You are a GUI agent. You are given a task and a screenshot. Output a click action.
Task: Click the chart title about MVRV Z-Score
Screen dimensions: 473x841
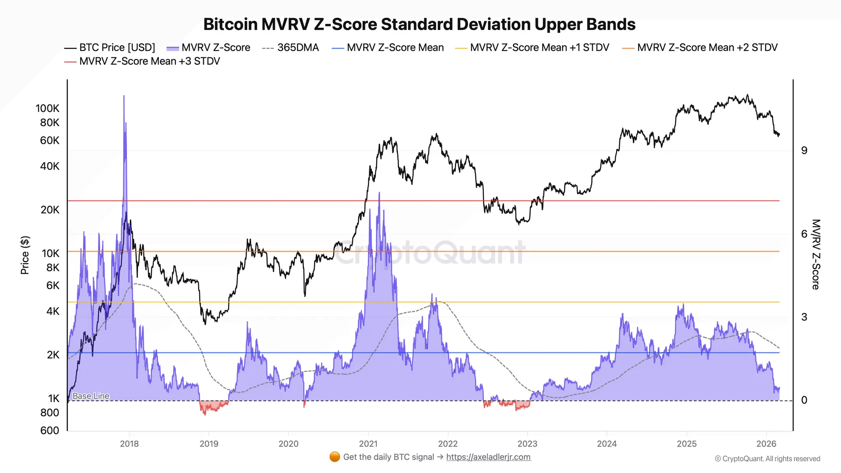[419, 24]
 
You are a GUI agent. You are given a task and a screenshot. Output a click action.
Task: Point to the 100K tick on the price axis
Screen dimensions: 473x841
[48, 108]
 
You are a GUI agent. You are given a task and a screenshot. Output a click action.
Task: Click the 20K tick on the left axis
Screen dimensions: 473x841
[50, 210]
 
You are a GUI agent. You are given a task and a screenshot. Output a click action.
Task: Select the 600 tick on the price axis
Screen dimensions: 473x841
[50, 431]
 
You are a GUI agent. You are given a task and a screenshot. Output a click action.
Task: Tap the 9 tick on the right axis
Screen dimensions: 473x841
[804, 151]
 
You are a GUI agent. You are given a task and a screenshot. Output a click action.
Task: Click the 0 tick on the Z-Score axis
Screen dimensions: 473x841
[804, 400]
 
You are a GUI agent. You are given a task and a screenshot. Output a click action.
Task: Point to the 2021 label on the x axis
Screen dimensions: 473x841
[368, 444]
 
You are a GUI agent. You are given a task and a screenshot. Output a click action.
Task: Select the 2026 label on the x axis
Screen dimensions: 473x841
[766, 444]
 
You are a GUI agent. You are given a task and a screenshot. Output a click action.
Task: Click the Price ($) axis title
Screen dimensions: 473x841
[25, 255]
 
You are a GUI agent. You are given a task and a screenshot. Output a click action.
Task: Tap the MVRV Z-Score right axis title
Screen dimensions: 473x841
[816, 254]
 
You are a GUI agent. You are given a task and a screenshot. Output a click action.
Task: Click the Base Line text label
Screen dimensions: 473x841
[91, 396]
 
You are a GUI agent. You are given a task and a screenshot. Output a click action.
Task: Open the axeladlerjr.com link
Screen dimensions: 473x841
[488, 457]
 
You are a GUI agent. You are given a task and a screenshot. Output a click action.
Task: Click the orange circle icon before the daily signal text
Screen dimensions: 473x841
[335, 457]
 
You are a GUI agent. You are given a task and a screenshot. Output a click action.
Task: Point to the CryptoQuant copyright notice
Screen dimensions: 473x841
[767, 459]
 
